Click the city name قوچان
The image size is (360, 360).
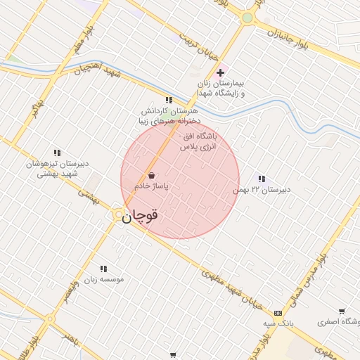click(x=139, y=217)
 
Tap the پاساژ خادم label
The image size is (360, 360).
click(x=153, y=186)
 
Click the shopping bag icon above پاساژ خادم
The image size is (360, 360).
click(x=152, y=175)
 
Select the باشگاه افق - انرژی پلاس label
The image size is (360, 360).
click(x=200, y=141)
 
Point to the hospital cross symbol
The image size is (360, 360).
click(x=220, y=72)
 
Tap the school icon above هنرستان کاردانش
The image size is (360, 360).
click(x=168, y=101)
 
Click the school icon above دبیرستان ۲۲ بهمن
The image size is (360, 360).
click(x=262, y=179)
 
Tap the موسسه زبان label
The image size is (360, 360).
click(x=104, y=279)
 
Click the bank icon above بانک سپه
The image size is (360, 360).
click(x=278, y=312)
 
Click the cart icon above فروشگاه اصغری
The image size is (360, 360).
click(x=342, y=311)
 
